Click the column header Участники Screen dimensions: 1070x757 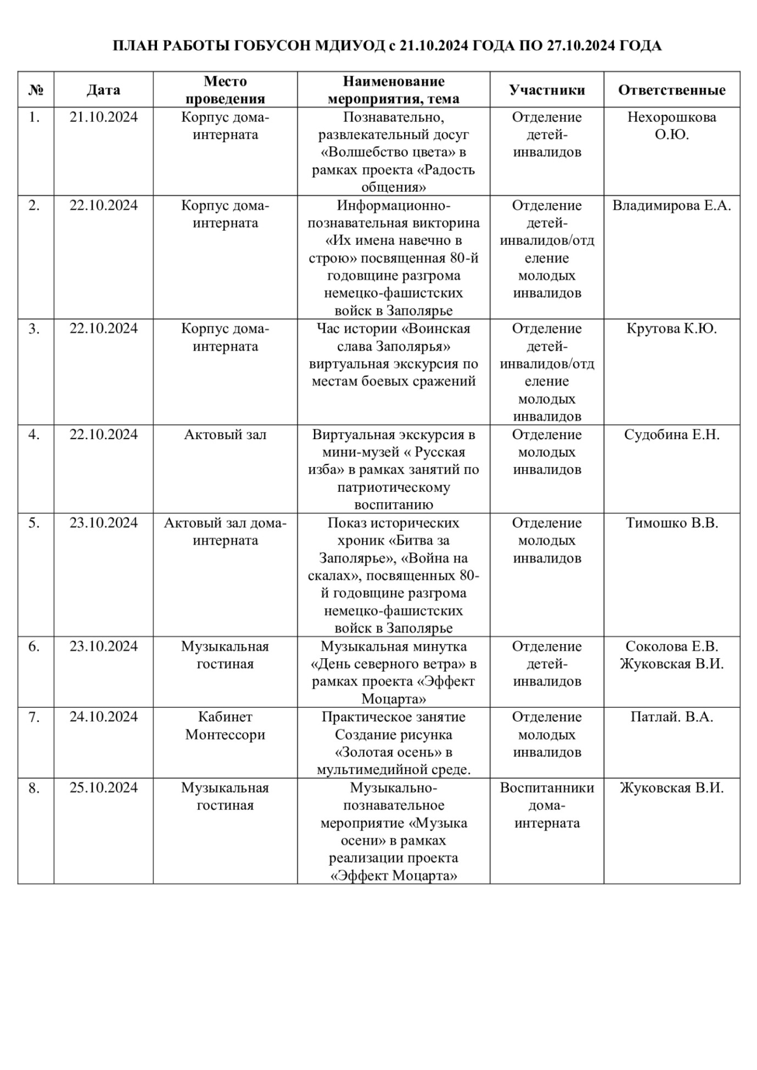[547, 90]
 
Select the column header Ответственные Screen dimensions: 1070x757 [671, 90]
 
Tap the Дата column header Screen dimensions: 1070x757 [103, 90]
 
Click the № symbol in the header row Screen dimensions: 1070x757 [36, 90]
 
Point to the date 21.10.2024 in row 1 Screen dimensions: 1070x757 [103, 117]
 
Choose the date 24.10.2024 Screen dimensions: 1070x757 [103, 717]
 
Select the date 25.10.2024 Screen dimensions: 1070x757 [103, 788]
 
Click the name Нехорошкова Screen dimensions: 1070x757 [671, 117]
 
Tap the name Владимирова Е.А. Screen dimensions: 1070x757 [671, 206]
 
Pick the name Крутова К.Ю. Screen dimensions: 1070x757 [671, 329]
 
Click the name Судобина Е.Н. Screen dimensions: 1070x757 [671, 435]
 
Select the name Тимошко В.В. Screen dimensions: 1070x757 [671, 523]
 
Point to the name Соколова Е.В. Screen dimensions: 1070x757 [671, 647]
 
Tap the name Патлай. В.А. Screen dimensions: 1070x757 [671, 717]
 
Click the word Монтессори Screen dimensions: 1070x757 [225, 735]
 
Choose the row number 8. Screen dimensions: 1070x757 [34, 788]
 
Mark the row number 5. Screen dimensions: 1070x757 [34, 523]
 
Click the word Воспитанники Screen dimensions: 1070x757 [547, 788]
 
